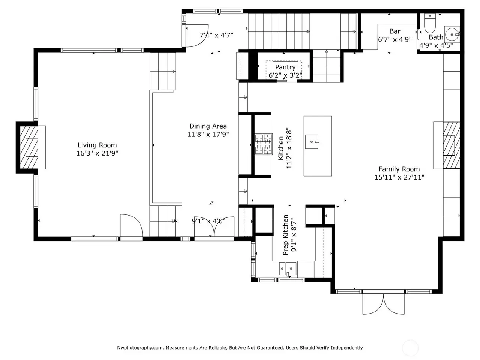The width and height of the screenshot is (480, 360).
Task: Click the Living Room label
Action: pos(97,145)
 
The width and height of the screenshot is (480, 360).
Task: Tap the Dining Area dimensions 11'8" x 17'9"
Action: pos(208,134)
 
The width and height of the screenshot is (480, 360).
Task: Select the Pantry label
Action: pos(285,67)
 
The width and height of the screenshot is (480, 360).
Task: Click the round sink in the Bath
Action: pos(452,34)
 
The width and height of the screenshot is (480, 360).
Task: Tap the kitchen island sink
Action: pos(312,142)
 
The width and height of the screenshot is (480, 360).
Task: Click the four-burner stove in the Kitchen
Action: pos(264,144)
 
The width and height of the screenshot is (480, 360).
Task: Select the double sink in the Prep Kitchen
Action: pos(288,268)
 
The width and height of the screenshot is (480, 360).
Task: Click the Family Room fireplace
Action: pos(451,145)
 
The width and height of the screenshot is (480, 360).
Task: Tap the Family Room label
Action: pos(399,169)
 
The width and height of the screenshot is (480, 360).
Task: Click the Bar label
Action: pos(395,31)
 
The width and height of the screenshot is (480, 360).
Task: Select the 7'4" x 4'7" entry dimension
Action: pos(216,35)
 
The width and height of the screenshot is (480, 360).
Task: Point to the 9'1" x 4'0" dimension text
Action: pos(208,221)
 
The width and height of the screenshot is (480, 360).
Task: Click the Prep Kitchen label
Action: pos(285,235)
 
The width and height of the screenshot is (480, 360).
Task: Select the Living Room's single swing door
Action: pos(131,225)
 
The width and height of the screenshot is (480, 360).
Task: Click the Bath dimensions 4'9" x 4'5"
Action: pos(436,46)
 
